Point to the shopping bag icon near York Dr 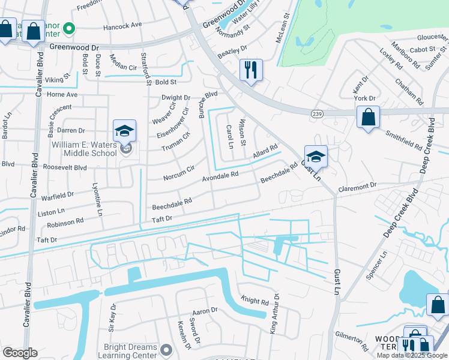[x=367, y=116]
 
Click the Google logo [x=20, y=353]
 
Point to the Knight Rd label [x=255, y=300]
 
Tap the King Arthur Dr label [x=274, y=313]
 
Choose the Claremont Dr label [x=357, y=186]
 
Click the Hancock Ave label [x=122, y=26]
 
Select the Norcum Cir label [x=178, y=173]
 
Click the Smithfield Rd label [x=403, y=140]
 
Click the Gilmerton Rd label [x=352, y=340]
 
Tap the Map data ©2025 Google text [x=411, y=355]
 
